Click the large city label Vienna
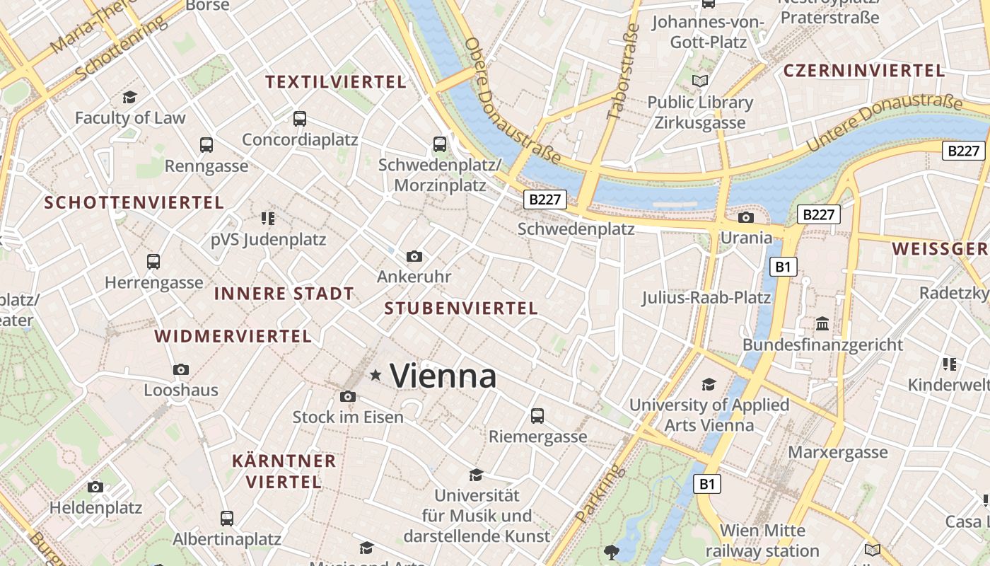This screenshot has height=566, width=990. (x=443, y=376)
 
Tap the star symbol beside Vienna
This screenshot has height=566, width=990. (x=375, y=375)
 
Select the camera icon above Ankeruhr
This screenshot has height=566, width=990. (x=414, y=256)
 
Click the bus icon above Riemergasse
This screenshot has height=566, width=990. (x=537, y=415)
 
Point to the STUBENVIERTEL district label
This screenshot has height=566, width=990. (x=461, y=308)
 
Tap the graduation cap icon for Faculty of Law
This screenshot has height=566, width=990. (x=129, y=97)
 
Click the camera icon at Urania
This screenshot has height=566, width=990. (x=745, y=217)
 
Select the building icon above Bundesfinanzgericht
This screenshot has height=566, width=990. (x=822, y=324)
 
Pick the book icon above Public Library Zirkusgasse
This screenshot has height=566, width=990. (x=700, y=81)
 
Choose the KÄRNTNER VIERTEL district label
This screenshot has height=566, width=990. (x=284, y=471)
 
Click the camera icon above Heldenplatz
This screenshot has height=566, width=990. (x=95, y=487)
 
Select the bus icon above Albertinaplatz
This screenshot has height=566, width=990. (x=227, y=518)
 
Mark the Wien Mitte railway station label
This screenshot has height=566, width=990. (x=762, y=541)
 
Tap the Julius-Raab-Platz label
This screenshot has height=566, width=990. (x=706, y=297)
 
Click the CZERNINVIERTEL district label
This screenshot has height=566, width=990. (x=864, y=71)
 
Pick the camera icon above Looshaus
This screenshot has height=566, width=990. (x=181, y=369)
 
